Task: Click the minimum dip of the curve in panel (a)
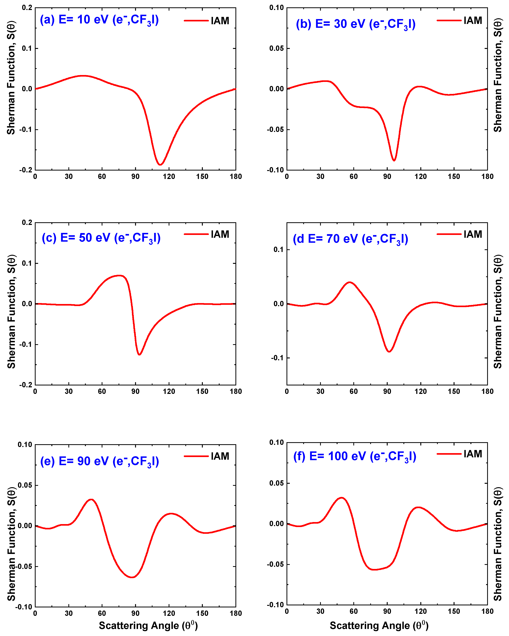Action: point(160,164)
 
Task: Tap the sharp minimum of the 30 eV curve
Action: point(394,160)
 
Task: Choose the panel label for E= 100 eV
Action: point(355,456)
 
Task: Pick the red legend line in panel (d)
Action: point(449,234)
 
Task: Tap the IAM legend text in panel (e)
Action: point(220,456)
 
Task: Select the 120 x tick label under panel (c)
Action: point(169,391)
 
